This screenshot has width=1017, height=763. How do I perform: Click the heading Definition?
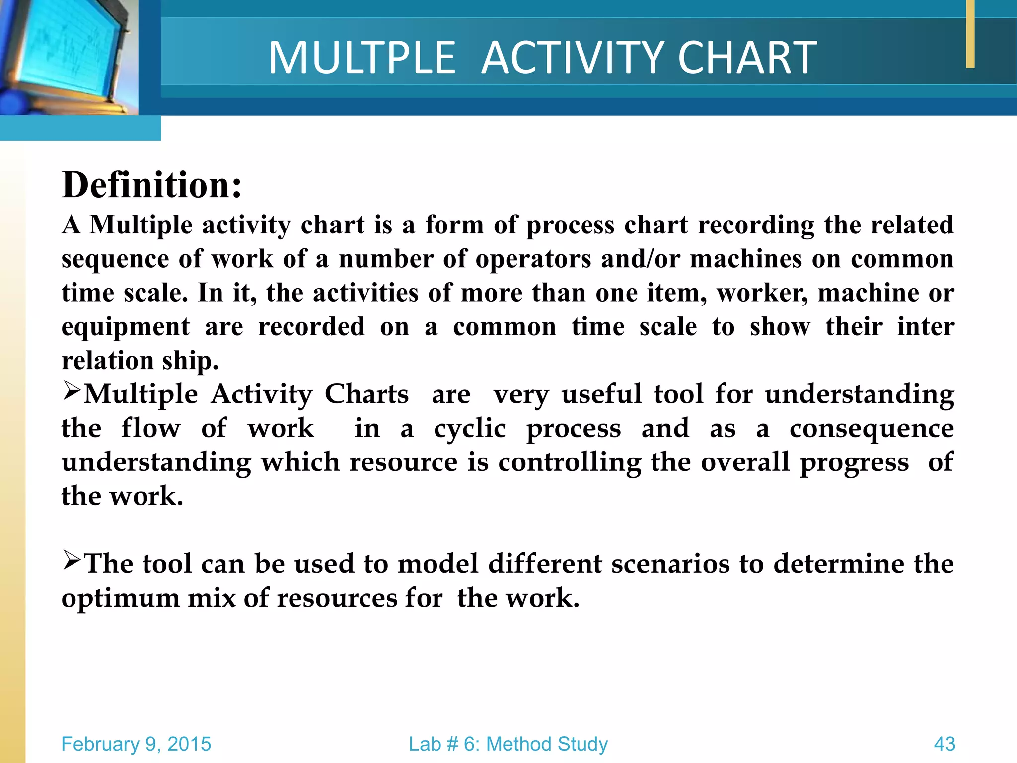151,185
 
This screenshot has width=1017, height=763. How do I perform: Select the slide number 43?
944,744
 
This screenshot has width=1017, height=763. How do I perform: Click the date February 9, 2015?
136,744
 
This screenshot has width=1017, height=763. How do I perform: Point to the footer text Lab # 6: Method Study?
508,744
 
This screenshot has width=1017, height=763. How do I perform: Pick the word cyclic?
470,429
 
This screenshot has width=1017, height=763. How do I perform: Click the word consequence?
872,429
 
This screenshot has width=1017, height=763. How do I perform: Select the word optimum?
120,598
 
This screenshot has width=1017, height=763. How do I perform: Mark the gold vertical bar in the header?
970,34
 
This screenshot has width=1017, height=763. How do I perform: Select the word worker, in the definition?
762,293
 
